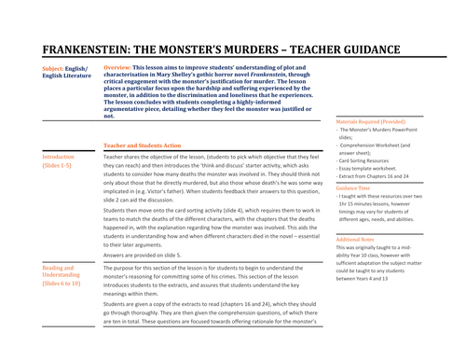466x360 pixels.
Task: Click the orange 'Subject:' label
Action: coord(55,69)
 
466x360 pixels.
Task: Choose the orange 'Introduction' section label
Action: coord(58,159)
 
